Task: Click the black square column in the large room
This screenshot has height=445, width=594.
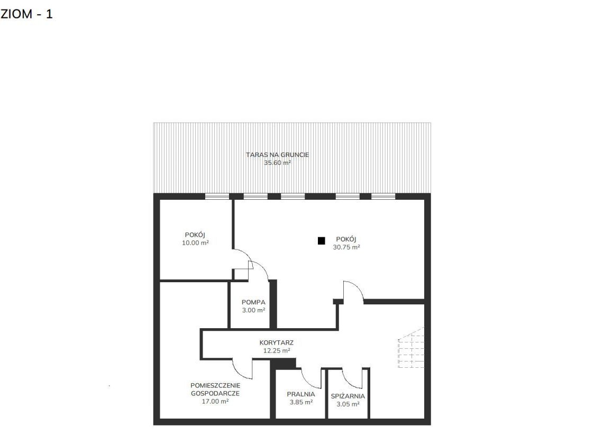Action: (321, 240)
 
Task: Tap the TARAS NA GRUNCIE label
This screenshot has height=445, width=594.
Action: (277, 155)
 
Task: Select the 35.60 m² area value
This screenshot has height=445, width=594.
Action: (277, 163)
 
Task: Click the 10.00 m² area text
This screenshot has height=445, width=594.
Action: (195, 243)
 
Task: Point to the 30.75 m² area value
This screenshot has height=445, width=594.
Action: (346, 247)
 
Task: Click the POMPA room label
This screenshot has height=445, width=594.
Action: (253, 302)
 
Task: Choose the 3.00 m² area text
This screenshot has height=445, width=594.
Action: (253, 310)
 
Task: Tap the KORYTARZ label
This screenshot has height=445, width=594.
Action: (277, 343)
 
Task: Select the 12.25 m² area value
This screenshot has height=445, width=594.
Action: (277, 351)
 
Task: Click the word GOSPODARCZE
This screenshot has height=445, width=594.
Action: (215, 394)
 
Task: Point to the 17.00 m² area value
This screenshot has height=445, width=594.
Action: (215, 402)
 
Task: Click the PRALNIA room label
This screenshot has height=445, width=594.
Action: (301, 394)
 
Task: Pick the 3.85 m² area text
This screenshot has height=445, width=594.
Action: (301, 402)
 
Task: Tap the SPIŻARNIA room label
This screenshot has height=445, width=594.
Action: (348, 396)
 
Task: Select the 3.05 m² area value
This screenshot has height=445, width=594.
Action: (348, 404)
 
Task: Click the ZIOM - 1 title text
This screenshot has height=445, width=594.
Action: (26, 14)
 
